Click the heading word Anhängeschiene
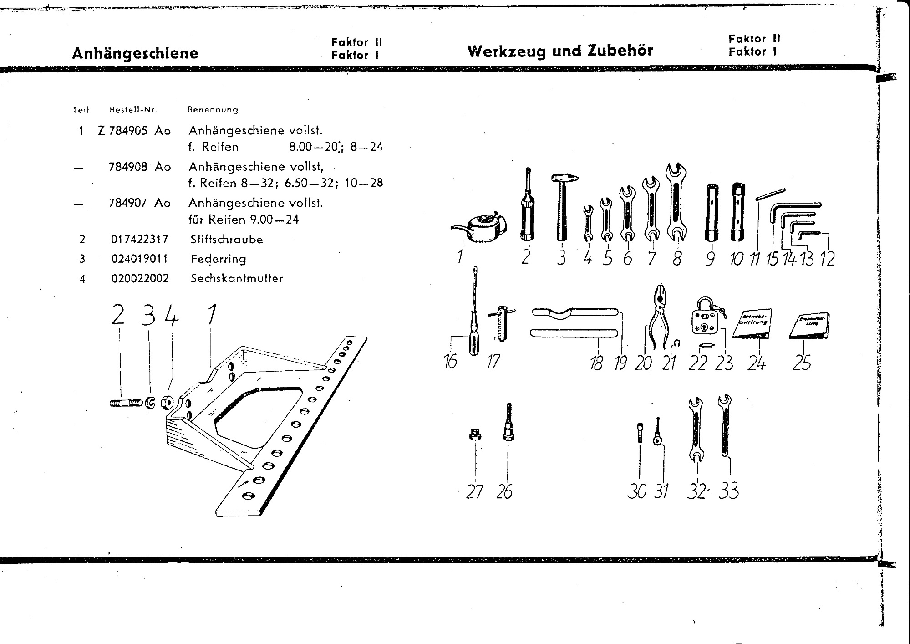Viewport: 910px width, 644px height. coord(135,53)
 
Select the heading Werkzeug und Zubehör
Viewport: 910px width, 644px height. coord(560,51)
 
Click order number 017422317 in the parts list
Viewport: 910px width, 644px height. coord(140,239)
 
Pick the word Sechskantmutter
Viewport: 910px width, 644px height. coord(237,278)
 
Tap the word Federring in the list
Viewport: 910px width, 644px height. coord(219,259)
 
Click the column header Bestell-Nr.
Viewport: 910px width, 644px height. coord(133,110)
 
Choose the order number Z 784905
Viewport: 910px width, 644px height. coord(123,131)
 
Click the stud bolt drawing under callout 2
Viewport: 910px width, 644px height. coord(126,403)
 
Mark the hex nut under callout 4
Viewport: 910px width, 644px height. coord(168,403)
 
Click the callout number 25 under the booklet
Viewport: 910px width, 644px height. coord(802,363)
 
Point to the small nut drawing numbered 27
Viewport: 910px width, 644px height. coord(475,435)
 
